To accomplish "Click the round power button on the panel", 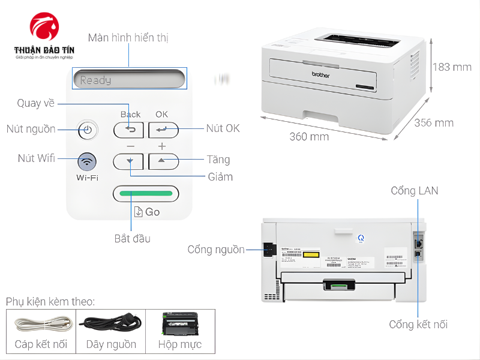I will pyautogui.click(x=87, y=129).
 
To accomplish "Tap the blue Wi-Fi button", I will pyautogui.click(x=87, y=161).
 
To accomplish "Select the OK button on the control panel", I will pyautogui.click(x=163, y=129).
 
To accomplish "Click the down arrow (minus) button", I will pyautogui.click(x=128, y=161).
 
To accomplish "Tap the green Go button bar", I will pyautogui.click(x=146, y=194).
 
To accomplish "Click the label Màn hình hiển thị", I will pyautogui.click(x=128, y=38).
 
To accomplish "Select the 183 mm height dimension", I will pyautogui.click(x=451, y=67).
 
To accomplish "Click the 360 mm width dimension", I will pyautogui.click(x=309, y=137).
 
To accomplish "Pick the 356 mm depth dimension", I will pyautogui.click(x=434, y=123).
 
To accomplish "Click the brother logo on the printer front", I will pyautogui.click(x=321, y=75).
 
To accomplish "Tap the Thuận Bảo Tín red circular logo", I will pyautogui.click(x=45, y=27).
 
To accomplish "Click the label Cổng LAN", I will pyautogui.click(x=414, y=191).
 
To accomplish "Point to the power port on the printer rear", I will pyautogui.click(x=268, y=249).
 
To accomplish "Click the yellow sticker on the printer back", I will pyautogui.click(x=310, y=254).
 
